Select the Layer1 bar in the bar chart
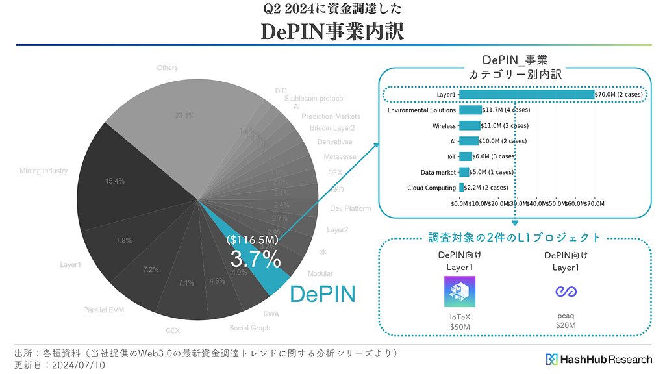[x=527, y=95]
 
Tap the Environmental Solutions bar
[x=470, y=110]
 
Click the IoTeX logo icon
[x=460, y=292]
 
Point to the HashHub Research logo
[x=599, y=359]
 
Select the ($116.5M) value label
[x=253, y=240]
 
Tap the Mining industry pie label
[x=44, y=171]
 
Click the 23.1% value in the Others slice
[x=185, y=116]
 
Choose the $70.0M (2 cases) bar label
[x=619, y=95]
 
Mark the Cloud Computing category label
[x=431, y=188]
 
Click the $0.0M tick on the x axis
[x=459, y=203]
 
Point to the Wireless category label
[x=444, y=126]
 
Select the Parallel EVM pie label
[x=103, y=310]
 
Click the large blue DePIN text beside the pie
[x=322, y=293]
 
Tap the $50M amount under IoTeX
[x=460, y=327]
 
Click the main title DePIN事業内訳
[x=332, y=31]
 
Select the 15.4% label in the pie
[x=114, y=181]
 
